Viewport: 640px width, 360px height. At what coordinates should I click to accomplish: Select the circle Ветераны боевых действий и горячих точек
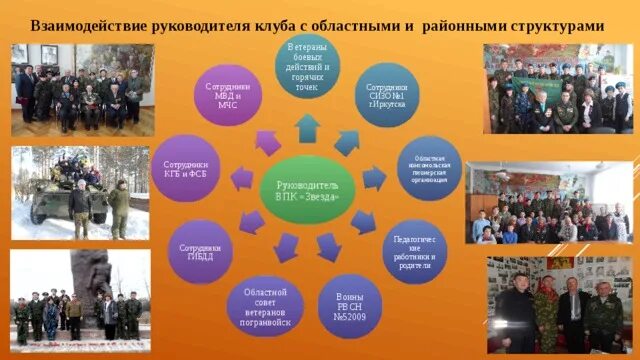click(307, 67)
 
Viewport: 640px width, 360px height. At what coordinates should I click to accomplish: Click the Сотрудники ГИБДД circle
click(200, 250)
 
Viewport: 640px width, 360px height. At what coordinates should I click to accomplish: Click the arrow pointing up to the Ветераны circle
click(308, 128)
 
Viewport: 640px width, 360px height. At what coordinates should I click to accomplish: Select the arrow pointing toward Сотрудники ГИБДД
click(253, 220)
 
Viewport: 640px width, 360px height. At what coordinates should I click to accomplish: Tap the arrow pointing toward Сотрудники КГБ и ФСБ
click(241, 179)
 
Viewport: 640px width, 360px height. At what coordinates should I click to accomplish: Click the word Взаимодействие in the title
click(90, 25)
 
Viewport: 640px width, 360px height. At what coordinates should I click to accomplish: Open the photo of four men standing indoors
click(558, 305)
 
